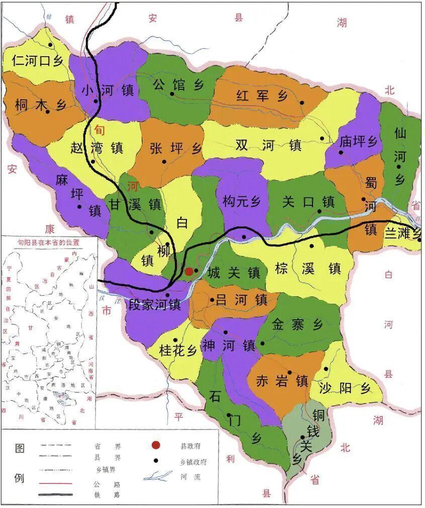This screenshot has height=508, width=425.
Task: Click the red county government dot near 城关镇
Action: pyautogui.click(x=189, y=272)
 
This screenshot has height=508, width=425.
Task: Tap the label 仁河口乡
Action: pyautogui.click(x=38, y=61)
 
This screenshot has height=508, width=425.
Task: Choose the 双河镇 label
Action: pyautogui.click(x=268, y=145)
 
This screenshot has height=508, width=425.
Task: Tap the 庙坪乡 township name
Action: pyautogui.click(x=358, y=142)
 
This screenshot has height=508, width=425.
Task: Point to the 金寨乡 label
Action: pyautogui.click(x=297, y=324)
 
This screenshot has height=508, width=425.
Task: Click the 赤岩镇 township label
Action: pyautogui.click(x=281, y=380)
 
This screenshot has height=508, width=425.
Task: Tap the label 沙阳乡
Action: pyautogui.click(x=346, y=388)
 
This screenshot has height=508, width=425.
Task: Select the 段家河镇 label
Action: pyautogui.click(x=154, y=305)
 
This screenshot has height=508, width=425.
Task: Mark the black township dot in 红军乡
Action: pyautogui.click(x=302, y=102)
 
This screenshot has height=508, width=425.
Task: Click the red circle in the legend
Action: pyautogui.click(x=156, y=445)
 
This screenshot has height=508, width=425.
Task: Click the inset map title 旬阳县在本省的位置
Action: pyautogui.click(x=49, y=241)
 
